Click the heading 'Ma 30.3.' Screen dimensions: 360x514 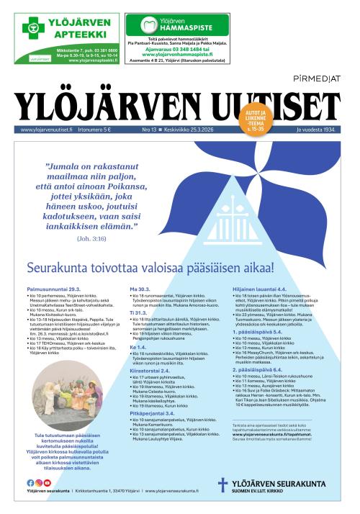[x=139, y=287]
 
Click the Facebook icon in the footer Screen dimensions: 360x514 [x=30, y=483]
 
